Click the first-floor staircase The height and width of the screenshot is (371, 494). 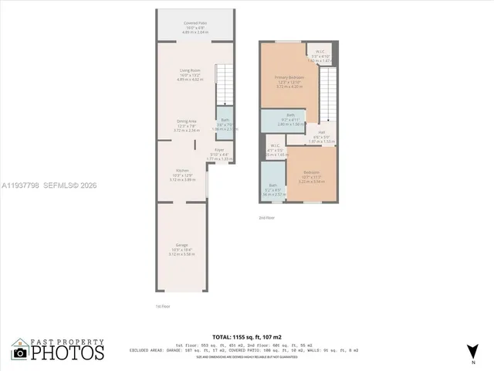224,85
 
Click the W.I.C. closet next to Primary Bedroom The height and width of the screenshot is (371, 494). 320,56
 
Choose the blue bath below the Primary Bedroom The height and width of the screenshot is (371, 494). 282,121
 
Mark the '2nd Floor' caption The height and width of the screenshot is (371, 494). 267,219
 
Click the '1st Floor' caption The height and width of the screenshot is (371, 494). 163,306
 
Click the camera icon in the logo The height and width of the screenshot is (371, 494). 19,352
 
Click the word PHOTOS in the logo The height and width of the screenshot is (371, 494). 67,352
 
